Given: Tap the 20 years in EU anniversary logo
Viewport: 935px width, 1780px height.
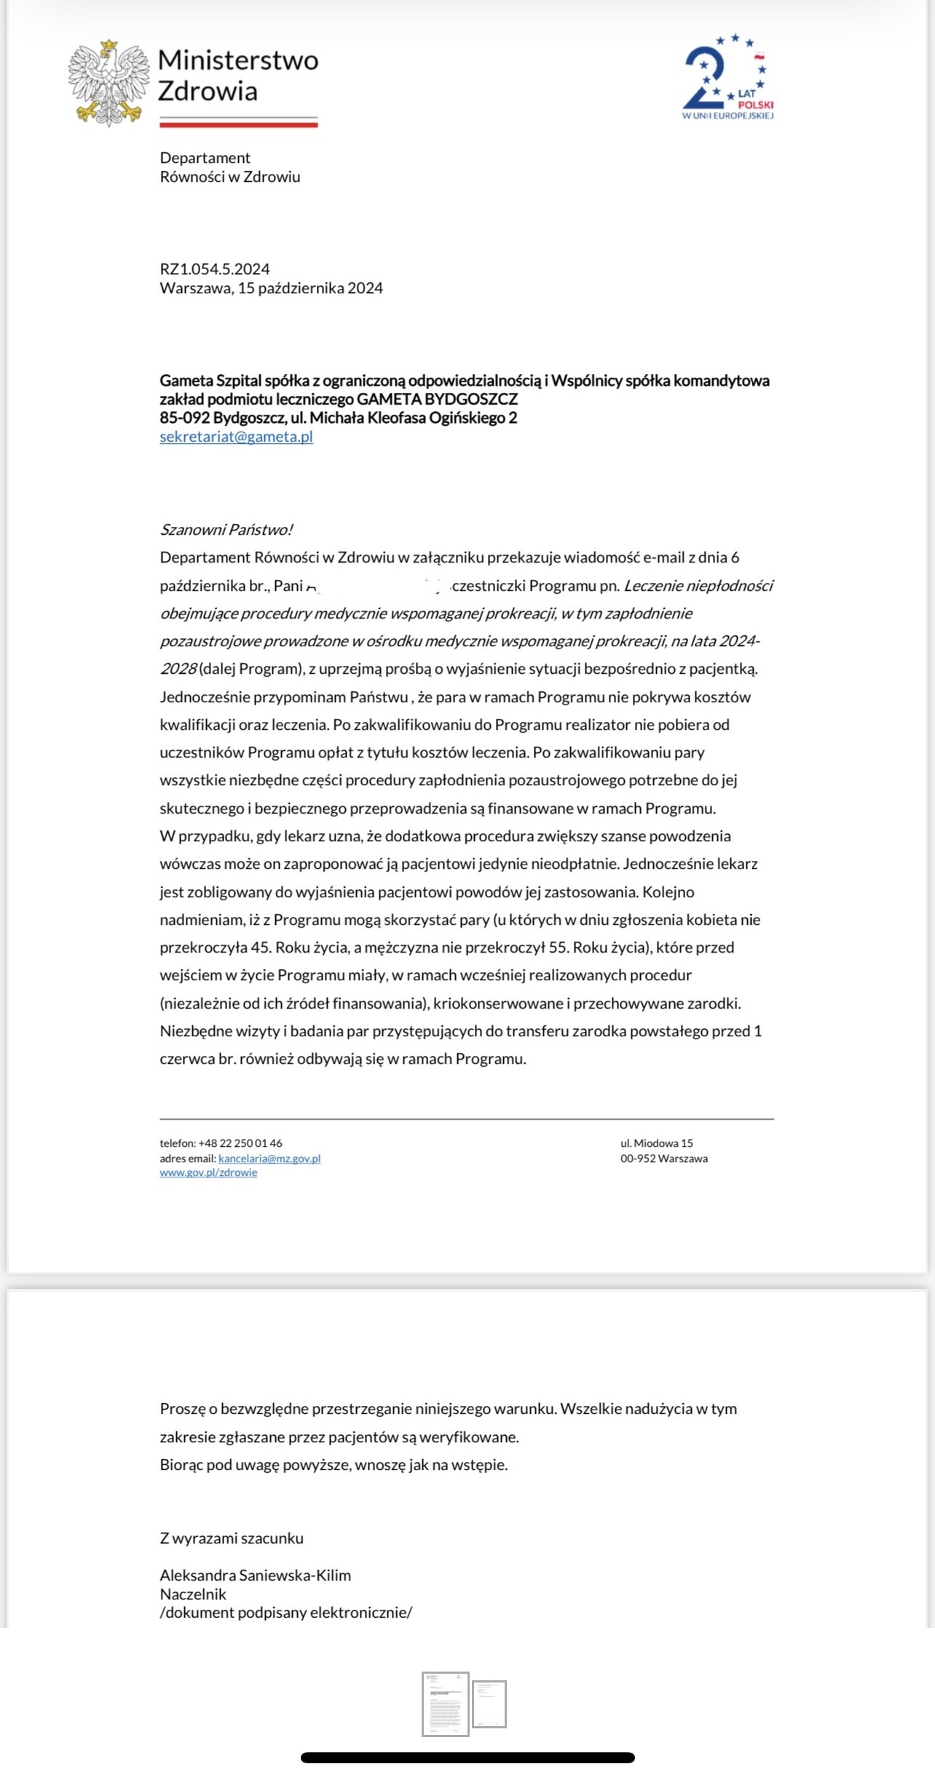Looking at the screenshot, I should pos(727,77).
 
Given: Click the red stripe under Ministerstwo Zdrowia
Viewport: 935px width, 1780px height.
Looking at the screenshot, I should pos(239,124).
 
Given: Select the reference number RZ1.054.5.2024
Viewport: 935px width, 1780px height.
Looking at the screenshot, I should pos(215,269).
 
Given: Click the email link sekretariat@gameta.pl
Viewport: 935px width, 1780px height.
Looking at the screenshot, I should pos(236,437).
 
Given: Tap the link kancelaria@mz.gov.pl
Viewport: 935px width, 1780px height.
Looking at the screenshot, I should pos(269,1159).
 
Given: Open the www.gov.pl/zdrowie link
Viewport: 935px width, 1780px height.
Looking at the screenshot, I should pos(208,1172).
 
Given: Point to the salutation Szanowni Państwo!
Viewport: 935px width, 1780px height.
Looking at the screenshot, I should pos(226,530).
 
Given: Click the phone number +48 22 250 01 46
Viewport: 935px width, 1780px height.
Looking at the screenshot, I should pos(240,1143).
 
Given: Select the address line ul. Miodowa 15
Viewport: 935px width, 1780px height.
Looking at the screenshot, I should pos(656,1143).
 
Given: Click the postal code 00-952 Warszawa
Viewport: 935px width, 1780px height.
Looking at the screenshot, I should pos(663,1159).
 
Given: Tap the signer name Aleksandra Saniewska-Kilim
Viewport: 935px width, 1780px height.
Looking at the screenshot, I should pos(255,1576).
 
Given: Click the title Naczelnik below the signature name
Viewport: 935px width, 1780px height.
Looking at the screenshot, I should pos(193,1594).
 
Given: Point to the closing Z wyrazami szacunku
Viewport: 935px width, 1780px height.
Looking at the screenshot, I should pos(232,1538).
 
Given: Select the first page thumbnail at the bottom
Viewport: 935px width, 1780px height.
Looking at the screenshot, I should pos(445,1704).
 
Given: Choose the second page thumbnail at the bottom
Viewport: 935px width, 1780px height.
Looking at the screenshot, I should pos(489,1704).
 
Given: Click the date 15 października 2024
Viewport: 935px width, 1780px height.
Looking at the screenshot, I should pos(310,288).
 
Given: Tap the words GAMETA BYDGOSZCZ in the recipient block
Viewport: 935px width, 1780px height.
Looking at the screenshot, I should pos(437,399).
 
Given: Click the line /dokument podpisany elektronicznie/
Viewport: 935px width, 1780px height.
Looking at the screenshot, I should pos(285,1613).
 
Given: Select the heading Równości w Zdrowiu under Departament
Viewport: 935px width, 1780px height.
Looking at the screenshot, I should pos(229,177).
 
